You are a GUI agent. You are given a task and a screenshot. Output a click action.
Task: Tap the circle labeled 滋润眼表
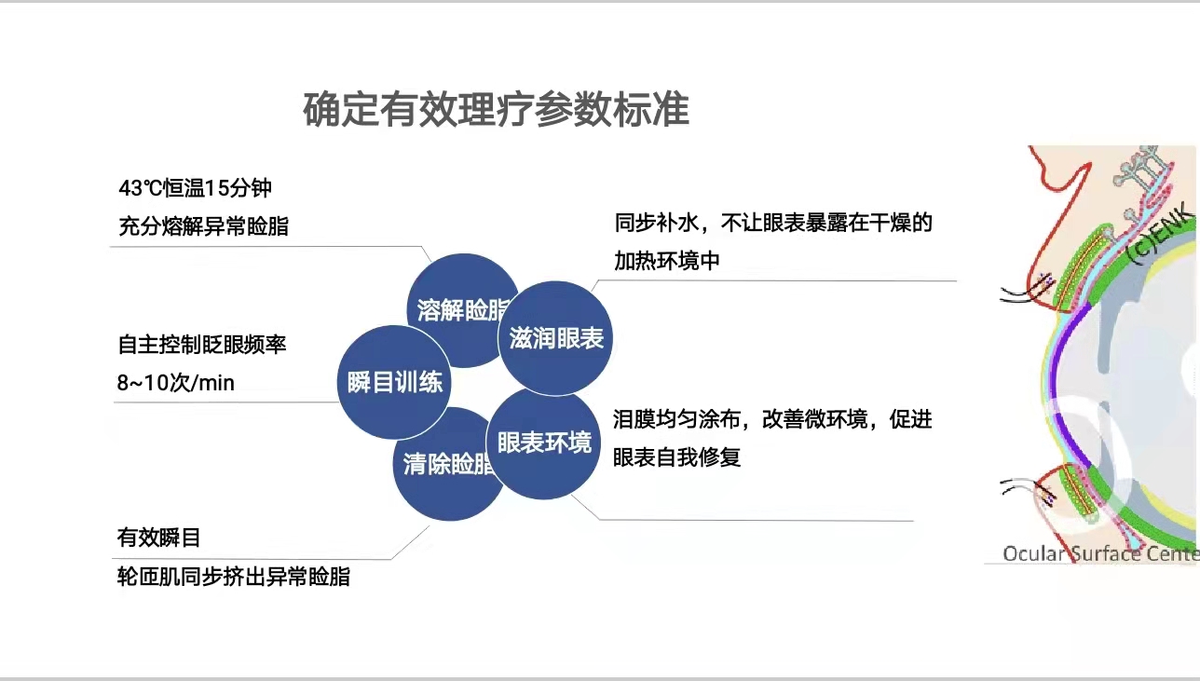point(556,339)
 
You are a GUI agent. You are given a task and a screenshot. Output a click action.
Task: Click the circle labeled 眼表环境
point(544,443)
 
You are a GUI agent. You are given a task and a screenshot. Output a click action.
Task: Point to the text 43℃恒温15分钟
point(195,187)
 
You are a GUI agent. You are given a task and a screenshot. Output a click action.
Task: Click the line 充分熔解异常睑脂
point(203,225)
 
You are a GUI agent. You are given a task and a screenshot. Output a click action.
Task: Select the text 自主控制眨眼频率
point(202,344)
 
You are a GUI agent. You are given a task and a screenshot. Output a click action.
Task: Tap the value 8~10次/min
point(176,383)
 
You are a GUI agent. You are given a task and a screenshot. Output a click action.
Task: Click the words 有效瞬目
point(158,538)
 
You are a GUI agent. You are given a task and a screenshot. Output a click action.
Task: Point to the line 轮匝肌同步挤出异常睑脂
point(233,577)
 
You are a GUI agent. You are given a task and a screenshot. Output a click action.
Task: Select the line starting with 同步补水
point(772,223)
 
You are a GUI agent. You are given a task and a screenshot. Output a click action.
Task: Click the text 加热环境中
point(666,261)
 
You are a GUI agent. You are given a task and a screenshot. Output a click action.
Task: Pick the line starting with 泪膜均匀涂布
point(772,419)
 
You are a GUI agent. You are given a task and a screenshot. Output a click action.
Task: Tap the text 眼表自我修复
point(676,457)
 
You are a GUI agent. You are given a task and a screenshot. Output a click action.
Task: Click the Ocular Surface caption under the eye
point(1099,553)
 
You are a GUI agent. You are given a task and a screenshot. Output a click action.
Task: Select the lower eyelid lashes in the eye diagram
point(1018,488)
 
